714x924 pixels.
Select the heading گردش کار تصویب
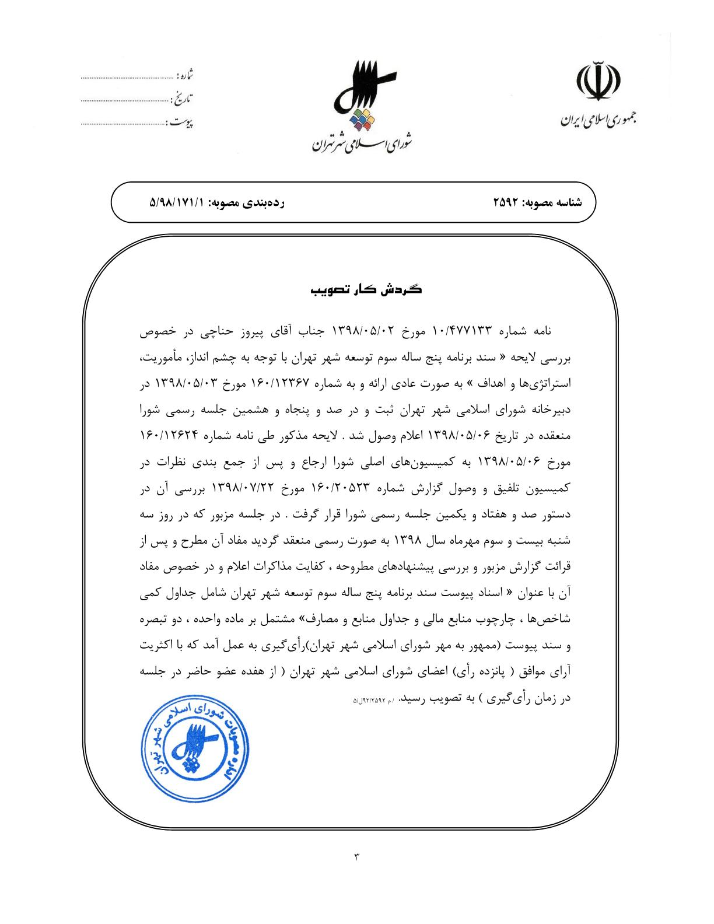click(366, 289)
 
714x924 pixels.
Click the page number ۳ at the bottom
click(356, 856)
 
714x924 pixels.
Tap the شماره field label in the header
click(185, 75)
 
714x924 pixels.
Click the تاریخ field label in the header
click(184, 98)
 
